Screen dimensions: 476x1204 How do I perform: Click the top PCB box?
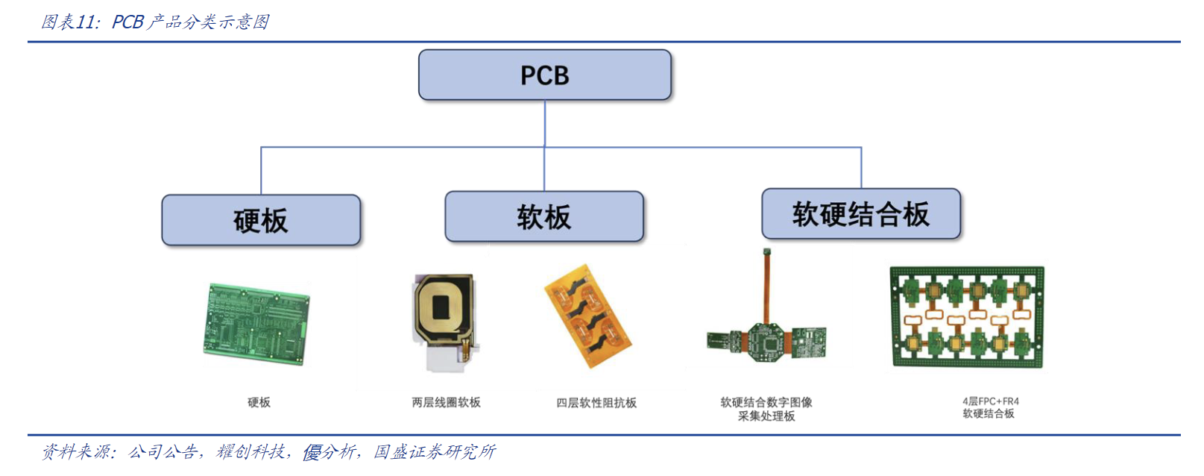coord(545,75)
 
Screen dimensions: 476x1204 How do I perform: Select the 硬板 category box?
coord(261,220)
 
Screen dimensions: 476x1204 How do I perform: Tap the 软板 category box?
coord(544,216)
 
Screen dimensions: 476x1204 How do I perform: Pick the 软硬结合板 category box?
coord(861,214)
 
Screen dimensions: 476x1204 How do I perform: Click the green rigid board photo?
coord(256,324)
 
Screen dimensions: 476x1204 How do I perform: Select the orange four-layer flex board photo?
coord(588,316)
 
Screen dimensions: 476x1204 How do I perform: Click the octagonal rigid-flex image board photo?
coord(766,336)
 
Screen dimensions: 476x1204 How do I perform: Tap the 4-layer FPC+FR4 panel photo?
coord(967,317)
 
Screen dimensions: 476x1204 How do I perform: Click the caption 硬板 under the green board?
coord(259,402)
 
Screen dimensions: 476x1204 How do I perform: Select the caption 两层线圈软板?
coord(446,402)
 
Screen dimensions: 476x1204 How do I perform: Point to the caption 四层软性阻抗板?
coord(596,403)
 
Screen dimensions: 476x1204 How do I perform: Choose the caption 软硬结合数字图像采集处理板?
coord(766,409)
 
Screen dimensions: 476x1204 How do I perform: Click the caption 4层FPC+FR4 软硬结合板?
coord(989,407)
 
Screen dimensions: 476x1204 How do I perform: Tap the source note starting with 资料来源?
coord(268,451)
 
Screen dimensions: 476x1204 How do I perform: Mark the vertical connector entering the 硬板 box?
coord(261,172)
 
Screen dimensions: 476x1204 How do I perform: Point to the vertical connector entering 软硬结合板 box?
coord(861,168)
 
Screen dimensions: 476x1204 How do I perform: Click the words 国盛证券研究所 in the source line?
coord(434,451)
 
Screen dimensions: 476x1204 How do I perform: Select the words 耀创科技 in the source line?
coord(250,451)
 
